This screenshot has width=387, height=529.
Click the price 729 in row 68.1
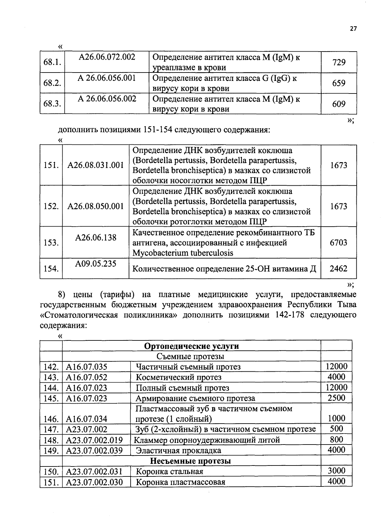(339, 62)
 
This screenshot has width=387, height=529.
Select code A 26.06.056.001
(107, 78)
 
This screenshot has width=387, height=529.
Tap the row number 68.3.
(52, 104)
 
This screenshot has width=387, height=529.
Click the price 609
(339, 104)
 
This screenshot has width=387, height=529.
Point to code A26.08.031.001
(95, 165)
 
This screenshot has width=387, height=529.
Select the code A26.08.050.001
(95, 206)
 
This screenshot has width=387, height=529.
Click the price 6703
(338, 242)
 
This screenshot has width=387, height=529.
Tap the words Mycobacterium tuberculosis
(183, 253)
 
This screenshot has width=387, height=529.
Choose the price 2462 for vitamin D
(338, 269)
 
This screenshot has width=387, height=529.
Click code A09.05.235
(95, 264)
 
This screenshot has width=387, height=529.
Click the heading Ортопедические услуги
(192, 346)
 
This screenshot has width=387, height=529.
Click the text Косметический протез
(179, 377)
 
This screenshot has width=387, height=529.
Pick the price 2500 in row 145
(336, 398)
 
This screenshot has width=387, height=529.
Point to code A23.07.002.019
(94, 440)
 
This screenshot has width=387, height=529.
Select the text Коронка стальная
(170, 472)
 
